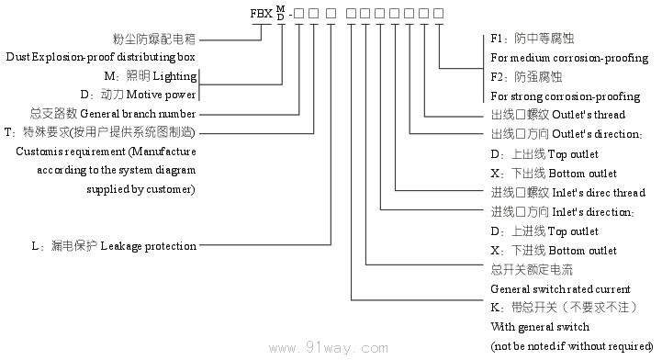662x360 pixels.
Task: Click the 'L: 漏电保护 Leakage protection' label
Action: [x=114, y=245]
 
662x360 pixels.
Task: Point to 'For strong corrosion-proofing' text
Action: [x=566, y=96]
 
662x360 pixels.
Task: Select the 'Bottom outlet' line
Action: [x=554, y=173]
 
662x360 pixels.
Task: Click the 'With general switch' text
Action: [x=540, y=326]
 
